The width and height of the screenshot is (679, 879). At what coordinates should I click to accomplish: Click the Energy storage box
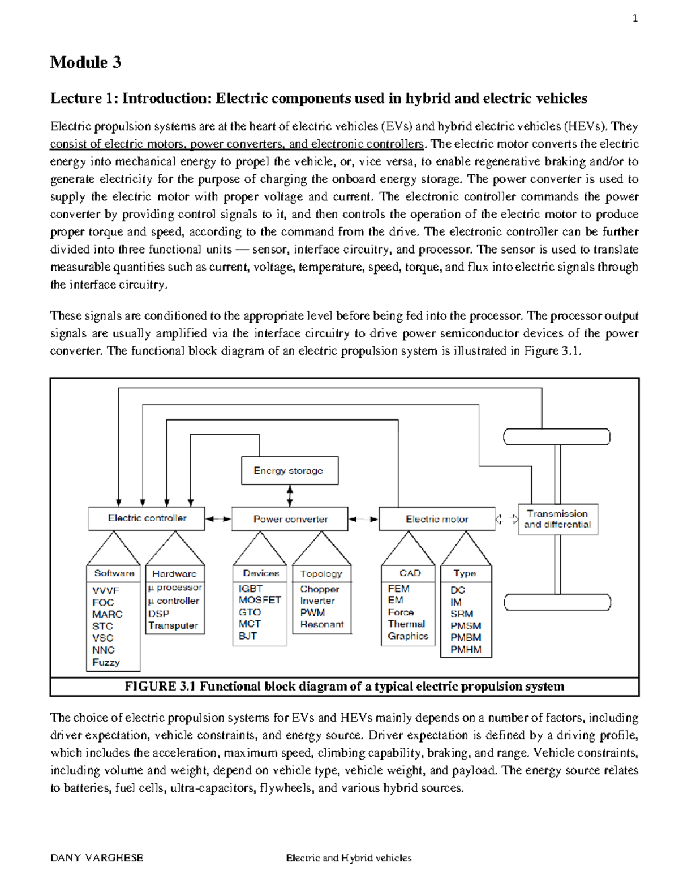coord(289,471)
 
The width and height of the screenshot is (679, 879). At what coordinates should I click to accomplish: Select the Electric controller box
coord(147,518)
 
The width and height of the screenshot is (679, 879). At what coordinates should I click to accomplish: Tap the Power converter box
coord(290,519)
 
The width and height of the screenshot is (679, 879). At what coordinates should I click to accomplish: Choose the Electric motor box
coord(436,519)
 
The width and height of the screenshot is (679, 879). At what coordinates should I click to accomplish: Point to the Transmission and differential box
coord(557,519)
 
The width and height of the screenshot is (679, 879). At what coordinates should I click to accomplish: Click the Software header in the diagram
coord(114,573)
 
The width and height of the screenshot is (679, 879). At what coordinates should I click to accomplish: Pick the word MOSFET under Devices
coord(260,600)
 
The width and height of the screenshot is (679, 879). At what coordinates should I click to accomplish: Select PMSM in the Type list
coord(466,625)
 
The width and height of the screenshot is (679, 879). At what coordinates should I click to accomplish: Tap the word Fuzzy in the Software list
coord(106,662)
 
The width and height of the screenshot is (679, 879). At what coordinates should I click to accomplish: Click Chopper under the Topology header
coord(319,589)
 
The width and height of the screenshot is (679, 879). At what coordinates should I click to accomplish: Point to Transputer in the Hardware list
coord(173,625)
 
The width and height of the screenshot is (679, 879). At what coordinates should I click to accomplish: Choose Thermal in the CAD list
coord(406,624)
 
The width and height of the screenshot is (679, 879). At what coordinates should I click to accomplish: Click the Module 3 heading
coord(85,62)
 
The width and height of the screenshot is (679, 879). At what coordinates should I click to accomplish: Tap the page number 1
coord(635,19)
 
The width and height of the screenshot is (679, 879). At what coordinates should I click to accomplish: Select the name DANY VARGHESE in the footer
coord(97,858)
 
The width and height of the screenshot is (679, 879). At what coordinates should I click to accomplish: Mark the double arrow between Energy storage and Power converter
coord(290,496)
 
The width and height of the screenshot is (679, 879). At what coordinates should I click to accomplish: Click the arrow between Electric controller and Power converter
coord(218,519)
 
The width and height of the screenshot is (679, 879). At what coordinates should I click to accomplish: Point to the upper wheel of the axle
coord(557,437)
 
